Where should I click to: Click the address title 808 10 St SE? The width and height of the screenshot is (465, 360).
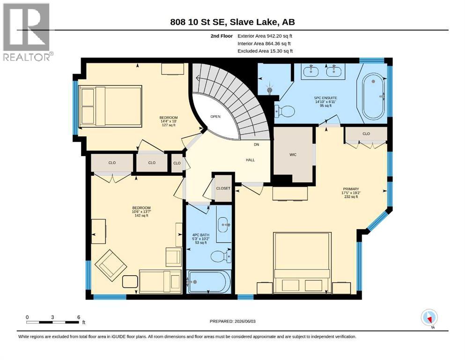pos(198,22)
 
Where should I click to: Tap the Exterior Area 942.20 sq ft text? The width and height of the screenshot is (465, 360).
pos(265,36)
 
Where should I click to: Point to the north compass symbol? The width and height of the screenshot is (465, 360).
pos(429,318)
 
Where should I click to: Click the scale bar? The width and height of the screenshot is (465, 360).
pos(53,322)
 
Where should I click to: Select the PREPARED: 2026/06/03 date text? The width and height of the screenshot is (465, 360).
pos(232,321)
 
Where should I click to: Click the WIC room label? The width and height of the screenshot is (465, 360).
pos(293,155)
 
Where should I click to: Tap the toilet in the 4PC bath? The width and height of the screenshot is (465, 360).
pos(221,256)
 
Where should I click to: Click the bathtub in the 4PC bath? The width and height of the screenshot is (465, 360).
pos(209,281)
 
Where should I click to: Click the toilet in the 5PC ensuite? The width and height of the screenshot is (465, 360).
pos(284,111)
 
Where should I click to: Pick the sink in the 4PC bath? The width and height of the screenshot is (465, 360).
pos(224,225)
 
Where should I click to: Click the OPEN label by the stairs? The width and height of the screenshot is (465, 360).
pos(215,117)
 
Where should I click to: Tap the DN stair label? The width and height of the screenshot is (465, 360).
pos(257,144)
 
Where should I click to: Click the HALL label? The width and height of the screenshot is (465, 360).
pos(250,160)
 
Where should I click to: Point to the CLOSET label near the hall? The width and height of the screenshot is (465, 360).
pos(223,188)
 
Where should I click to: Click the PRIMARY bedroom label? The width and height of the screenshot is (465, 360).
pos(351,189)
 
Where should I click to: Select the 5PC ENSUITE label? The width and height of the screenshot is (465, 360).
pos(325,98)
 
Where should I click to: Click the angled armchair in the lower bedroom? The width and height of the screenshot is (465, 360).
pos(111,266)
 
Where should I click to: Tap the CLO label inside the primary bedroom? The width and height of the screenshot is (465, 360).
pos(366,134)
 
